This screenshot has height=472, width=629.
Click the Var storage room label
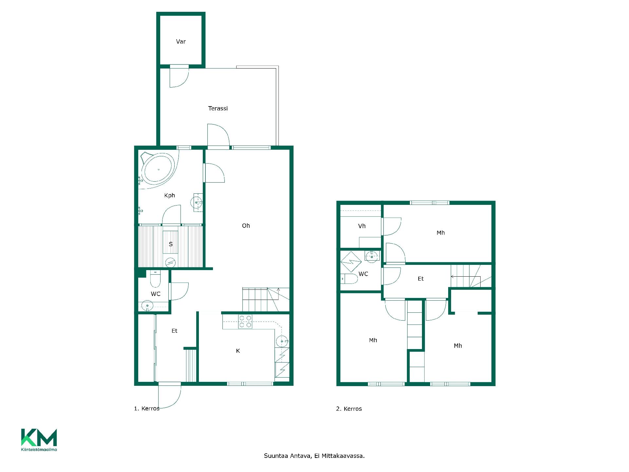181,42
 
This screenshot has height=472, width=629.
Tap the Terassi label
218,108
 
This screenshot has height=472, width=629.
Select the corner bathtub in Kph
159,170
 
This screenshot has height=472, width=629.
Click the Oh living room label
246,226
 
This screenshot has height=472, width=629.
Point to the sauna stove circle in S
170,262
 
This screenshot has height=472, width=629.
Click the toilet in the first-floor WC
155,278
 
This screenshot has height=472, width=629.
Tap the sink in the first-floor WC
147,306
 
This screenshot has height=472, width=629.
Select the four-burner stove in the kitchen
245,322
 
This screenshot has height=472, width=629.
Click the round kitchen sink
282,342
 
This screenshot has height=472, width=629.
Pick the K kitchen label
238,351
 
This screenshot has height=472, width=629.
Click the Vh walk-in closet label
362,226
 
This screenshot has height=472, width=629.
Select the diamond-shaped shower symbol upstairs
351,262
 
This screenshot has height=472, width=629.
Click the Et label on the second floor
421,279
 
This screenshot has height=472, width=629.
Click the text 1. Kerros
147,408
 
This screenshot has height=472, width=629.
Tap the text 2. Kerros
349,409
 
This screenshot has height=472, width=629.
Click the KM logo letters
39,437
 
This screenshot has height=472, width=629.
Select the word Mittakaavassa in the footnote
343,456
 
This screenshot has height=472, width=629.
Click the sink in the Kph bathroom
196,203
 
